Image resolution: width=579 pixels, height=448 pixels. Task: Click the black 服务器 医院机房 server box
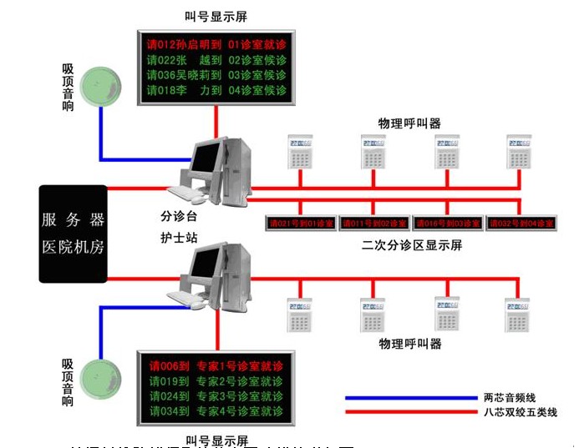pos(74,234)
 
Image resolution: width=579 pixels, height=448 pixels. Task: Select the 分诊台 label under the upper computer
pos(178,214)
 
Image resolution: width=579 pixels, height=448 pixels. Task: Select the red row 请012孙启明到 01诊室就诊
pos(216,44)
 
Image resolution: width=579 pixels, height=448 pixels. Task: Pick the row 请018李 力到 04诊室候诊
pos(216,90)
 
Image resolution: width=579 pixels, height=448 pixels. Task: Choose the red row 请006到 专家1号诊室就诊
pos(216,366)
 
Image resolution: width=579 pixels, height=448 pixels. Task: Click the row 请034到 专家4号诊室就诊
pos(216,411)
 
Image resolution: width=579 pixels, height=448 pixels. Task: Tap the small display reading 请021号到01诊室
pos(300,224)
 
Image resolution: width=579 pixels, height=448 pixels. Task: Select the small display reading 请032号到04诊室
pos(521,224)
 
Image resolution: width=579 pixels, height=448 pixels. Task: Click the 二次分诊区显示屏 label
pos(411,245)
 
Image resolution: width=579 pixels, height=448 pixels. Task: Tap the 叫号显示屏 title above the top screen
pos(216,16)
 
